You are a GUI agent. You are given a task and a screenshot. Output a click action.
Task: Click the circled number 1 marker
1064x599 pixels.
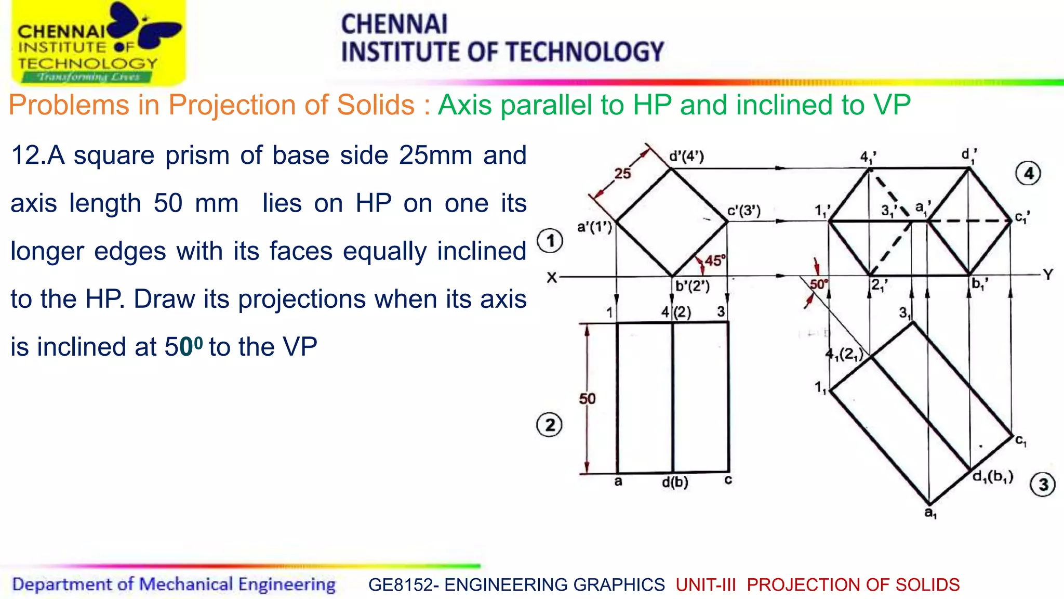pyautogui.click(x=551, y=241)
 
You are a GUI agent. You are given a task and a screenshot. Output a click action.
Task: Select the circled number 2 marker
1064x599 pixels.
pyautogui.click(x=549, y=425)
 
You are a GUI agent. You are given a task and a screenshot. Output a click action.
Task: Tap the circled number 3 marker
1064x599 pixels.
pyautogui.click(x=1043, y=485)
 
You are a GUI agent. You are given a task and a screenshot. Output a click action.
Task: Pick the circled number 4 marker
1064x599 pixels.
pyautogui.click(x=1028, y=173)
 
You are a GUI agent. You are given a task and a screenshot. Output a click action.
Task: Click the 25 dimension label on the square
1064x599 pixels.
pyautogui.click(x=622, y=173)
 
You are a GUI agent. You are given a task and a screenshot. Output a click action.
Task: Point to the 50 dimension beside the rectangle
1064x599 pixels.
pyautogui.click(x=588, y=399)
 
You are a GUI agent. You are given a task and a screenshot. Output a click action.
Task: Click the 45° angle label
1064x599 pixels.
pyautogui.click(x=715, y=261)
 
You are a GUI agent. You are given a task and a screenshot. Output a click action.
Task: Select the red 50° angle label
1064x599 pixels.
pyautogui.click(x=818, y=284)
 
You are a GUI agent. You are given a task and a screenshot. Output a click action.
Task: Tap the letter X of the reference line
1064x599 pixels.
pyautogui.click(x=552, y=278)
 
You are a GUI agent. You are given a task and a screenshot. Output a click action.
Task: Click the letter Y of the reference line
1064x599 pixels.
pyautogui.click(x=1048, y=275)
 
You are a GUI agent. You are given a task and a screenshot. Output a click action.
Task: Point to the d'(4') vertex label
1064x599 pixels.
pyautogui.click(x=686, y=156)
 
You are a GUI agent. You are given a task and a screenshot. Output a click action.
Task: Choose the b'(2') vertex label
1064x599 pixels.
pyautogui.click(x=693, y=286)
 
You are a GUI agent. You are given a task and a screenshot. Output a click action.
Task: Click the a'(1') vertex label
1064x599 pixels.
pyautogui.click(x=595, y=227)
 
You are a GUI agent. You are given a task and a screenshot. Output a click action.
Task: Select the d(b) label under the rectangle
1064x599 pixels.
pyautogui.click(x=675, y=482)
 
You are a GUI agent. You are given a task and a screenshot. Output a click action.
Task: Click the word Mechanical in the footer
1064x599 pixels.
pyautogui.click(x=186, y=584)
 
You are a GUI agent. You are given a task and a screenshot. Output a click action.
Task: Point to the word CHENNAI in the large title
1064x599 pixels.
pyautogui.click(x=394, y=24)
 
